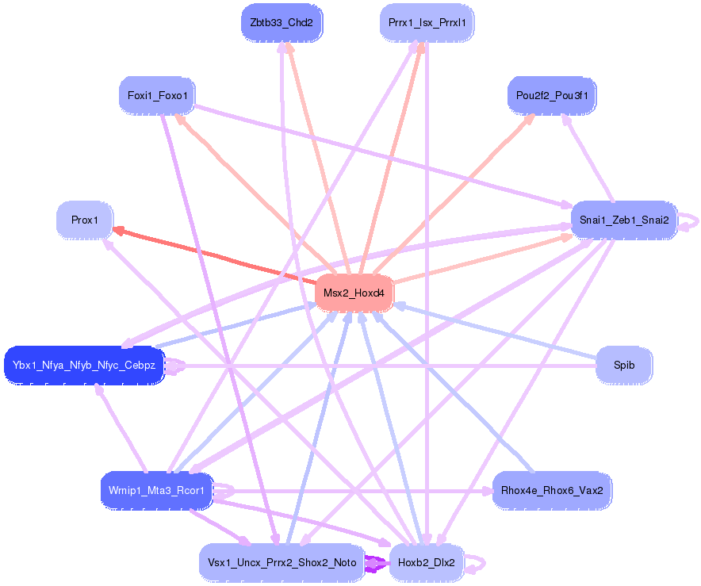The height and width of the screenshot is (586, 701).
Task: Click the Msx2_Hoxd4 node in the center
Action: [x=354, y=293]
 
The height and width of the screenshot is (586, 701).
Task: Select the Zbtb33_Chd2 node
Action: [x=282, y=22]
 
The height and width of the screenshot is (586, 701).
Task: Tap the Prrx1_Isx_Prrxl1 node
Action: [x=427, y=22]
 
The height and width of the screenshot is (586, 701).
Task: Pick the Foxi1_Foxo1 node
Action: [x=157, y=96]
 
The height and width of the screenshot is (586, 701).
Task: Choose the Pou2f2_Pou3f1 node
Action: [x=551, y=96]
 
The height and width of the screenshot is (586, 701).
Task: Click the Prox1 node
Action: [x=85, y=220]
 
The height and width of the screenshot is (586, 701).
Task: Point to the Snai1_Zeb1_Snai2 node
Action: [x=624, y=220]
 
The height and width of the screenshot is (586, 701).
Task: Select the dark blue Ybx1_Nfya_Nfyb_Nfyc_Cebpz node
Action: [x=84, y=366]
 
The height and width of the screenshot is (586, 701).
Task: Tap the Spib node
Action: [x=624, y=366]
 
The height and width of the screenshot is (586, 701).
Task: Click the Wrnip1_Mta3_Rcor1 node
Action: [x=157, y=490]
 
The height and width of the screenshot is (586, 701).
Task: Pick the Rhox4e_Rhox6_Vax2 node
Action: [x=551, y=490]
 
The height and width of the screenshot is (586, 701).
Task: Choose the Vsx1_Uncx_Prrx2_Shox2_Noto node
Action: [x=282, y=563]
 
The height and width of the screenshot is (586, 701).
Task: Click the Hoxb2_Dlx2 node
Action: [x=427, y=563]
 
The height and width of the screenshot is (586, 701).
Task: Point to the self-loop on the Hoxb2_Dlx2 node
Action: [x=478, y=564]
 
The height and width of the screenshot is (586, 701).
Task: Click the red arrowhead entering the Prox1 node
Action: [x=118, y=231]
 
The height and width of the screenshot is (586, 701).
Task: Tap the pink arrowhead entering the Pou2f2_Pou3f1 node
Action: [x=531, y=117]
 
